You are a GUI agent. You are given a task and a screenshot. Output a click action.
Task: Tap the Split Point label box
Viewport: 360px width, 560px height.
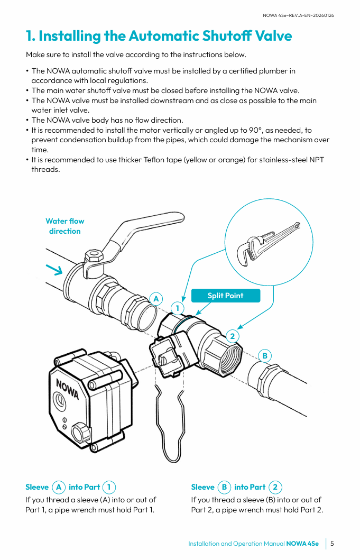(226, 296)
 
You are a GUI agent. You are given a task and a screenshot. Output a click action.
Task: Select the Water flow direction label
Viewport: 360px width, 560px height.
(64, 226)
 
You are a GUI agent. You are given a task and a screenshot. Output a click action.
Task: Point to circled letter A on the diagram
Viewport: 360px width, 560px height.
(156, 298)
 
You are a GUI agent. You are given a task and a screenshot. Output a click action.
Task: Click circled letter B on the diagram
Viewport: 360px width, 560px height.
(265, 356)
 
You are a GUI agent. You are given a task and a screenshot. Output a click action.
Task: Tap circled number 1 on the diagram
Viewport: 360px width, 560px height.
(178, 308)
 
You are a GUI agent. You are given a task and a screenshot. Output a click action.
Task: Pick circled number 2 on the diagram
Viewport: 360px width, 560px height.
(232, 336)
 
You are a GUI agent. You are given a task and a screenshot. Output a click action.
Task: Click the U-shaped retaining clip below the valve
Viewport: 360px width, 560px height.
(169, 418)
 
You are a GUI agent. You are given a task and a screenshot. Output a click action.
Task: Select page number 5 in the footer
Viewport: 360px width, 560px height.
(333, 544)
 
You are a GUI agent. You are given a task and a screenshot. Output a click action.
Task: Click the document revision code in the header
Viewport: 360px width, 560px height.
(298, 15)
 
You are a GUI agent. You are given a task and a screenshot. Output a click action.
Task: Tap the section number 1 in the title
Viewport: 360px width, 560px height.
(30, 36)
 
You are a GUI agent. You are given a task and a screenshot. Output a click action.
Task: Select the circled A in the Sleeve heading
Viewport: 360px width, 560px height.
(59, 487)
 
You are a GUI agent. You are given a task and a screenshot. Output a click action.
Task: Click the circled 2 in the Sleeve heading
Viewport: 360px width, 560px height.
(275, 487)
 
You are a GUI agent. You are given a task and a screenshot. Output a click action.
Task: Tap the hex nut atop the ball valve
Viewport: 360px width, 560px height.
(95, 258)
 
